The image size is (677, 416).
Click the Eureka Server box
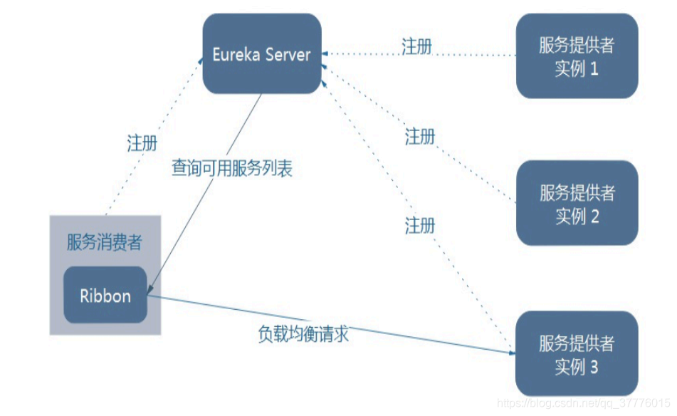point(261,54)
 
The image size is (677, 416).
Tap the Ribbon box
point(105,296)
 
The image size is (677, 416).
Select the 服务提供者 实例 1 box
point(577,57)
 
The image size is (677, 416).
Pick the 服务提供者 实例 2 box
point(577,204)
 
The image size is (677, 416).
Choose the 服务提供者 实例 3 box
point(577,354)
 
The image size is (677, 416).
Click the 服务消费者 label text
point(105,242)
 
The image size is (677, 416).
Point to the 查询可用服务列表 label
point(232,169)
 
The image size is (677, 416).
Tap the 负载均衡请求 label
point(303,333)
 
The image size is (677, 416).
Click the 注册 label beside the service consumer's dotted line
point(142,142)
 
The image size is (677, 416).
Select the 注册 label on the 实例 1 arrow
point(416,47)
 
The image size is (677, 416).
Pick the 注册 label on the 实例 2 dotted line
point(420,136)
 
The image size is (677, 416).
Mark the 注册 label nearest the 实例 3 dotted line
point(420,226)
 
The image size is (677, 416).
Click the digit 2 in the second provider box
point(594,216)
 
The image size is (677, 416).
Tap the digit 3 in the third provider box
point(594,367)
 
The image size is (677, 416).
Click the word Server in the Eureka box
point(288,55)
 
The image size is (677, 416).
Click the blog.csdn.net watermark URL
point(584,404)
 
